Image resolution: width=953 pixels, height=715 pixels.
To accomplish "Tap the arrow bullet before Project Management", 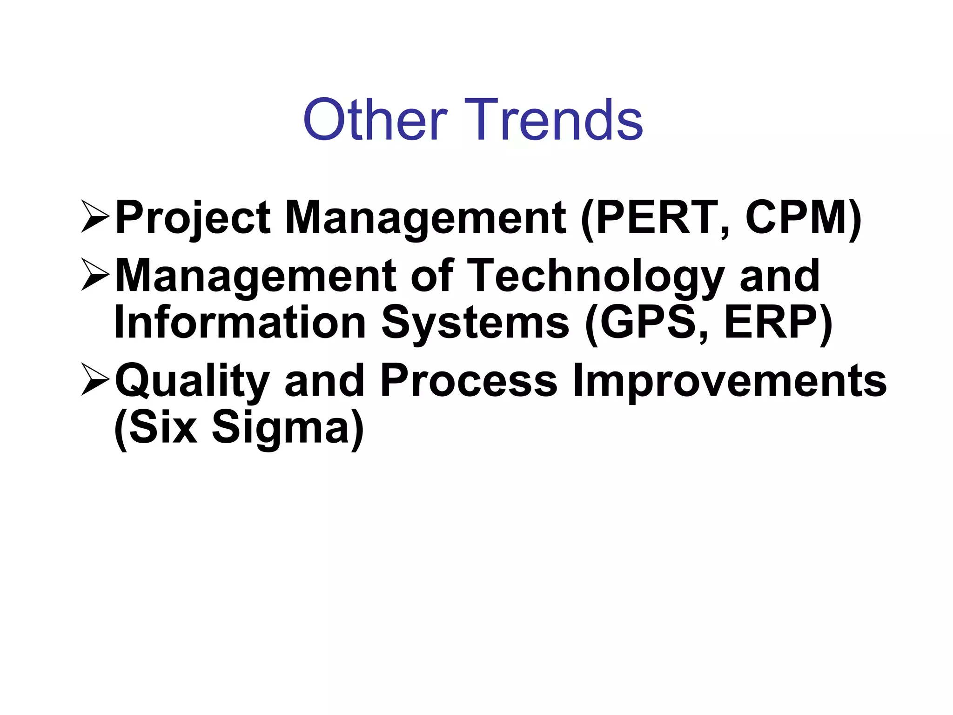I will pyautogui.click(x=95, y=216).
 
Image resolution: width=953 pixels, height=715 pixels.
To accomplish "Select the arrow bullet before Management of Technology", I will pyautogui.click(x=95, y=275).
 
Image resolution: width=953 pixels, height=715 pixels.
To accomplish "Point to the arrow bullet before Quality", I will pyautogui.click(x=95, y=379).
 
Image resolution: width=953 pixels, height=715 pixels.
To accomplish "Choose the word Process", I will pyautogui.click(x=468, y=380).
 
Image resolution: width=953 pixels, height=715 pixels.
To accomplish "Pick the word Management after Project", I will pyautogui.click(x=425, y=218).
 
